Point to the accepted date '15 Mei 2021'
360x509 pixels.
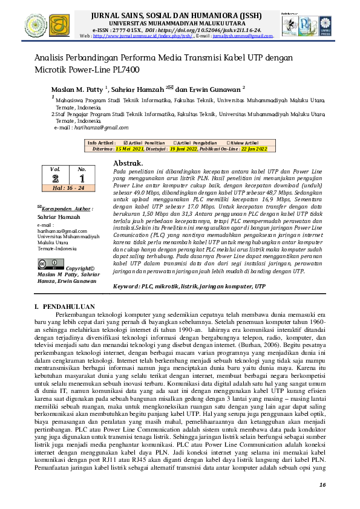[130, 148]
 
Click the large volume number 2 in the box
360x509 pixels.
[56, 178]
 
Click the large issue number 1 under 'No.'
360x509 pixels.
[82, 178]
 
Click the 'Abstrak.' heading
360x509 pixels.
[128, 163]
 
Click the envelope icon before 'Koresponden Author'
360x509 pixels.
[40, 207]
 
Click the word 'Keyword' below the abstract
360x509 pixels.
[126, 285]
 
